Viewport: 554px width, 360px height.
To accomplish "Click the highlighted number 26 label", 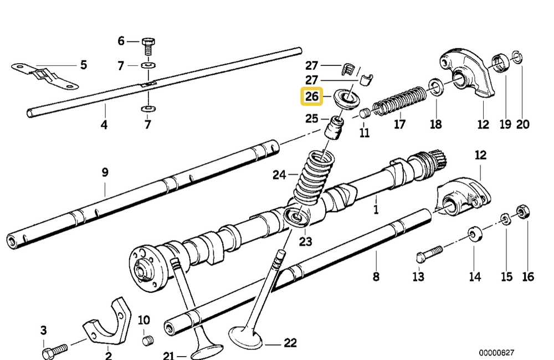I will pyautogui.click(x=311, y=97).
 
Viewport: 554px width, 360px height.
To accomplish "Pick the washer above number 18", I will pyautogui.click(x=435, y=87).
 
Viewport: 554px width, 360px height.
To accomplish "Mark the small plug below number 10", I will pyautogui.click(x=147, y=340).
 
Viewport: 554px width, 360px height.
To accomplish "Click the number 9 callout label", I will pyautogui.click(x=105, y=172).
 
